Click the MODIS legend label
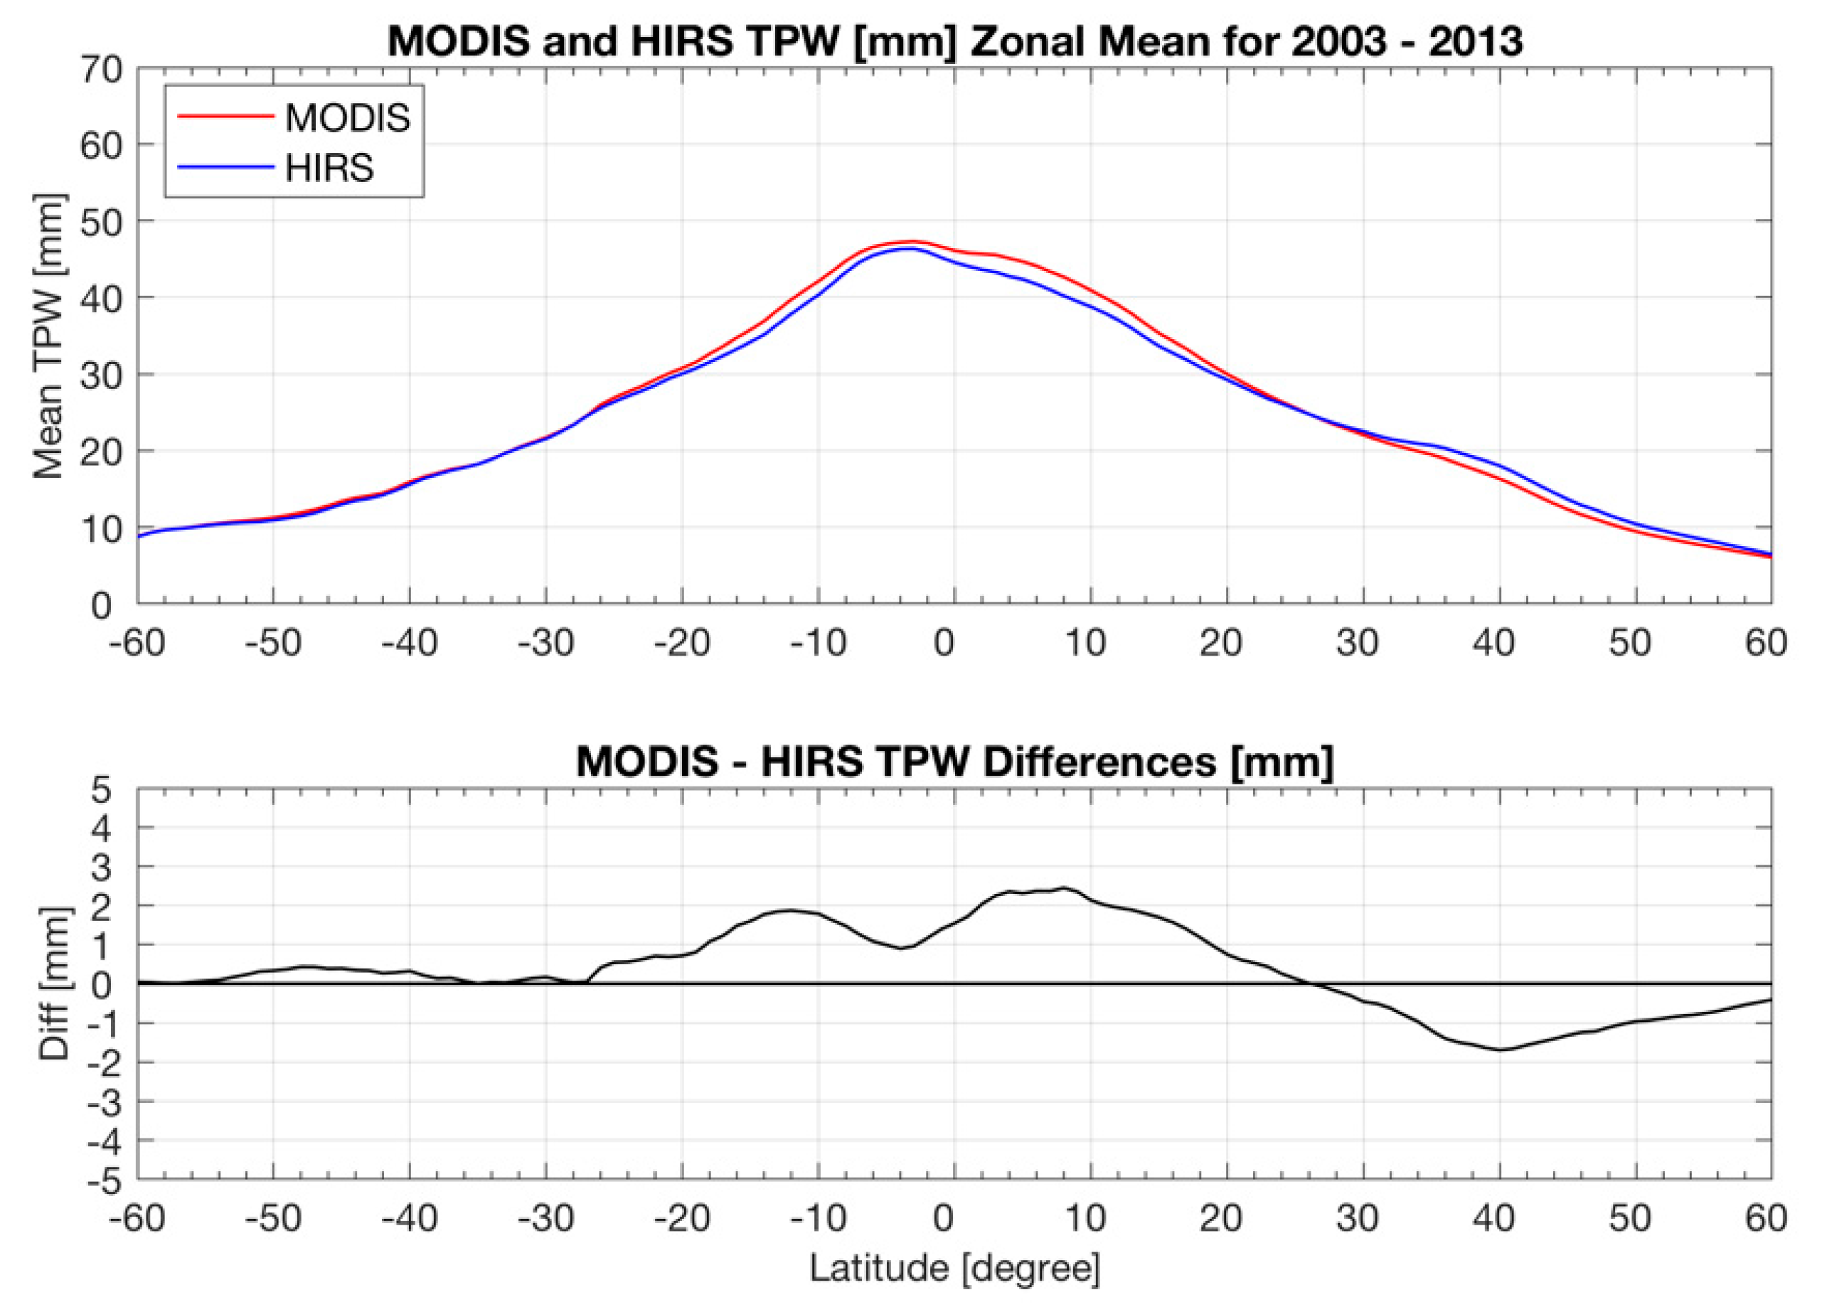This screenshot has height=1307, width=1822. (347, 119)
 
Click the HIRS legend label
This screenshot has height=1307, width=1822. (329, 169)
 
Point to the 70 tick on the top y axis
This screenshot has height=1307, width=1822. (101, 70)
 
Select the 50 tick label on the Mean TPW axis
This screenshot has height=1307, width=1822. (101, 222)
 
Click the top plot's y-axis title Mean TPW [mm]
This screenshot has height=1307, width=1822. (50, 336)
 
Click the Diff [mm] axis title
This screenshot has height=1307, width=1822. (55, 985)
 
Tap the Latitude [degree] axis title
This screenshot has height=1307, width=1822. (954, 1269)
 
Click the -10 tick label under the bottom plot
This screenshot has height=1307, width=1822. (818, 1220)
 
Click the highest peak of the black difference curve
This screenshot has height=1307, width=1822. (1065, 887)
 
